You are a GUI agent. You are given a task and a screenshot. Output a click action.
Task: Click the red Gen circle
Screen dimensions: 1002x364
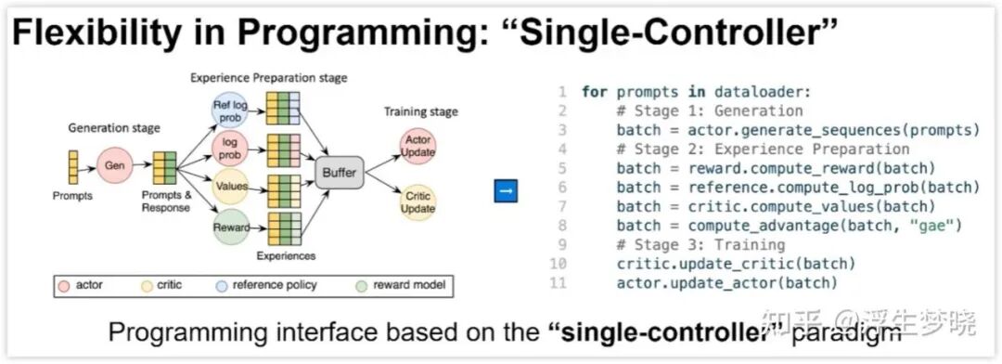115,165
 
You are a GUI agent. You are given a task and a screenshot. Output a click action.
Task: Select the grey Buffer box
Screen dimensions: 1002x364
340,172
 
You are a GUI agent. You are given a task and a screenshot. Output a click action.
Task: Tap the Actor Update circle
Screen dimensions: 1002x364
417,147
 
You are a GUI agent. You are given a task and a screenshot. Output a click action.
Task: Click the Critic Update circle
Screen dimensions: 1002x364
417,201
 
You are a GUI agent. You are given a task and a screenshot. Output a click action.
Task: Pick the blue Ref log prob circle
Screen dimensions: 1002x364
229,110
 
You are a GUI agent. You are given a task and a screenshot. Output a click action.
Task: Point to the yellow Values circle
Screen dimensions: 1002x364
230,188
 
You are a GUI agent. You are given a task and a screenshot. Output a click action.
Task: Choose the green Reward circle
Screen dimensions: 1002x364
230,227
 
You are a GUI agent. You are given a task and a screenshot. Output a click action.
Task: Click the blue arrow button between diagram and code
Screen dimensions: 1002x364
506,191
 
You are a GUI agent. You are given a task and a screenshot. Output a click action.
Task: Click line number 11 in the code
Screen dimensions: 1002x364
558,283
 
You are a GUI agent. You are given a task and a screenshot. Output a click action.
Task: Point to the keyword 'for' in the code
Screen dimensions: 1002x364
595,92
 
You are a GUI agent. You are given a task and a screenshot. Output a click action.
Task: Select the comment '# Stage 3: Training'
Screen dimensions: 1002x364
701,244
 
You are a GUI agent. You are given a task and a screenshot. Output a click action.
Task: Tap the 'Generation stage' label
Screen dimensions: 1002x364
114,128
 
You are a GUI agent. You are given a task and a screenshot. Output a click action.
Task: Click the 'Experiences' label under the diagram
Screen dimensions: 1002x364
287,256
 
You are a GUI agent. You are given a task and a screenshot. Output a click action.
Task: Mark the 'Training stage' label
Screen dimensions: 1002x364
420,111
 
